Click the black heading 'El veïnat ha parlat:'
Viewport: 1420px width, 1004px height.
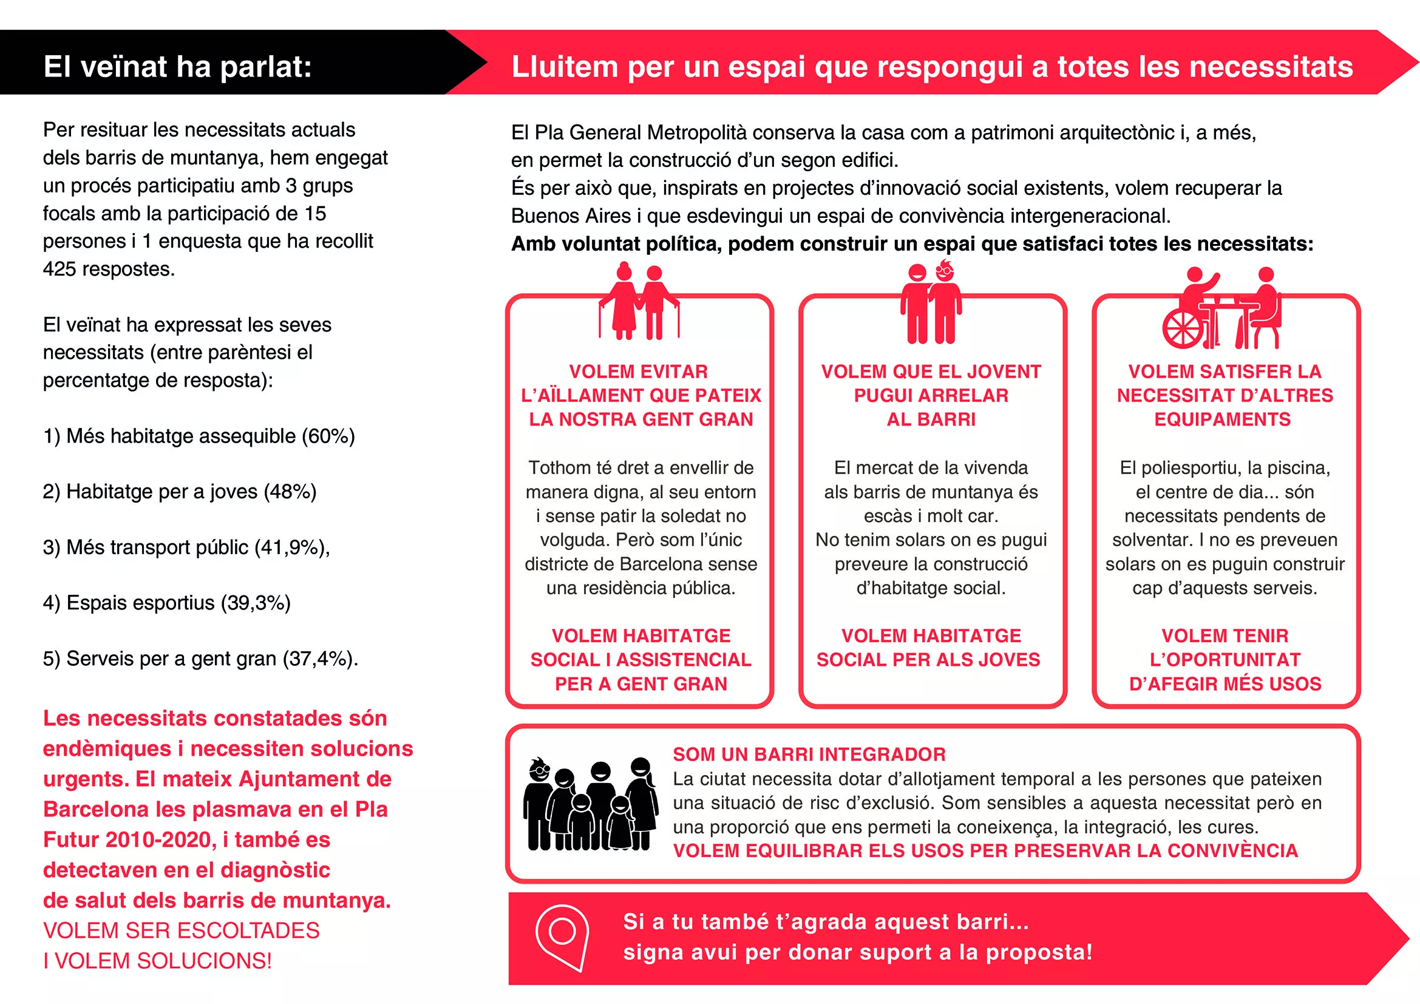(x=177, y=66)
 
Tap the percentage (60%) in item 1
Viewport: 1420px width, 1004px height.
(x=328, y=436)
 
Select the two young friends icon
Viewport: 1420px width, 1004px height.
(x=931, y=303)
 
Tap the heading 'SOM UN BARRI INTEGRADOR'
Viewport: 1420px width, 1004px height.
(x=809, y=755)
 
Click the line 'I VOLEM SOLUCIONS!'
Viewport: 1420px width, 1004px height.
(x=157, y=961)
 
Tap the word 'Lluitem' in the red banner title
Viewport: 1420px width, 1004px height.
(x=565, y=67)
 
